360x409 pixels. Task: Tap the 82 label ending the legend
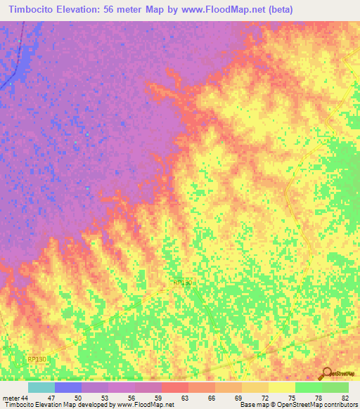coord(345,398)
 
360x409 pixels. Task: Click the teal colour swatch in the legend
coord(41,387)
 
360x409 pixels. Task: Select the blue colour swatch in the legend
coord(67,387)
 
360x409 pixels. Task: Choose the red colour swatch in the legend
coord(174,387)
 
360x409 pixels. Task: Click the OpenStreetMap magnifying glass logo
coord(326,374)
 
